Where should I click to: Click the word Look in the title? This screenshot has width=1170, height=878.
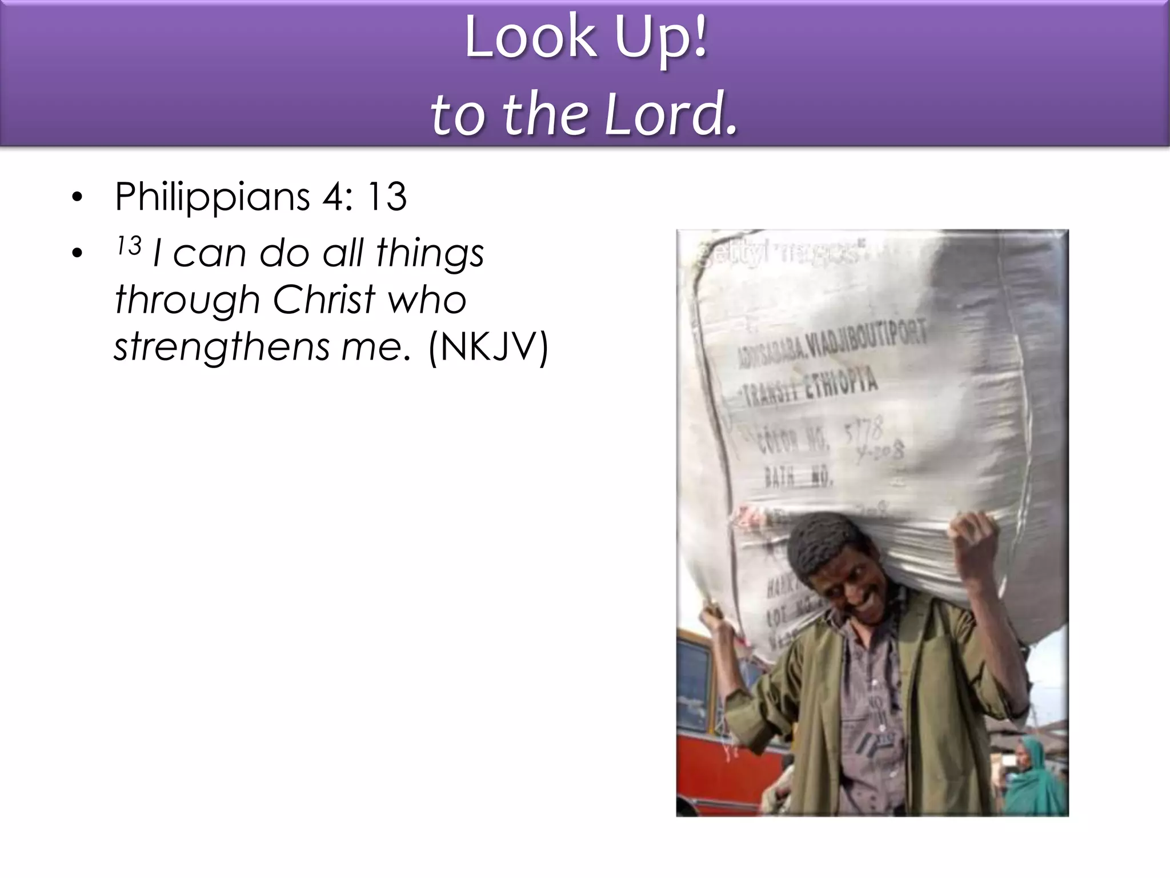tap(531, 38)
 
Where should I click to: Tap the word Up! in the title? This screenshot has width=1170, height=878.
tap(661, 39)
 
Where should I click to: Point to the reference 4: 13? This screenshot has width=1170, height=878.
tap(364, 197)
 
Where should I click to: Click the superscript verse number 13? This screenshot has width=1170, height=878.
tap(129, 246)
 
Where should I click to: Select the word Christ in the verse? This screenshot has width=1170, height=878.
tap(324, 300)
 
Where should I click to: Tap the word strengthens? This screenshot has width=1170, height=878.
tap(222, 348)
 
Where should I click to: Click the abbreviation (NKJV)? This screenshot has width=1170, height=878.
tap(488, 346)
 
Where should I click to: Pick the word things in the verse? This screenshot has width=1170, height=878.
tap(430, 253)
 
